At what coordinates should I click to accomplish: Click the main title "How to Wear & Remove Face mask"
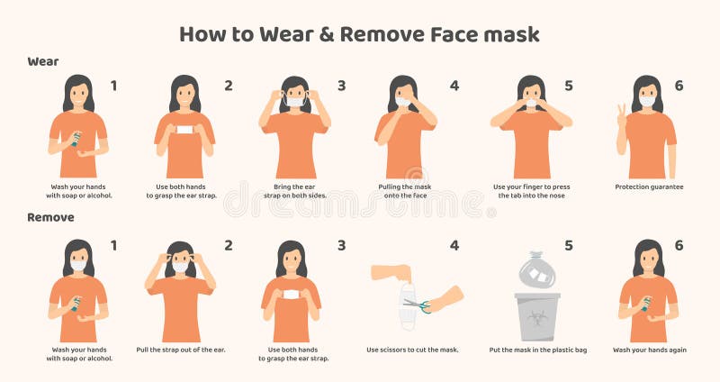point(359,34)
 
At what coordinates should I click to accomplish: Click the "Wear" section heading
point(43,61)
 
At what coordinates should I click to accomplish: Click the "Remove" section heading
point(50,217)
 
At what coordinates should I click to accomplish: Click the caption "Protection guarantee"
point(649,186)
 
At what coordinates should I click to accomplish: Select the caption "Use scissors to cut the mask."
point(412,350)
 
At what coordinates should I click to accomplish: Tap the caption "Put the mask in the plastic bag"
point(537,350)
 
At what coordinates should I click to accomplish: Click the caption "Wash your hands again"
point(649,350)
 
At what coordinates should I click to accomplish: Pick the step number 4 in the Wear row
point(454,86)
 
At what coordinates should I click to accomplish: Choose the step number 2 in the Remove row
point(228,245)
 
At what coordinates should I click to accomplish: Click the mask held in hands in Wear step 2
point(185,131)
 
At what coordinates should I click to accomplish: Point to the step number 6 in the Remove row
point(679,245)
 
